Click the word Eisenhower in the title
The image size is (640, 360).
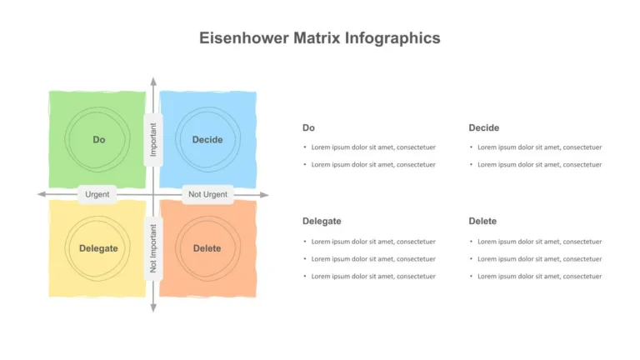point(244,38)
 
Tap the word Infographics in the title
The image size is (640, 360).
point(392,39)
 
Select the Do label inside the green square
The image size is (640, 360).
point(99,140)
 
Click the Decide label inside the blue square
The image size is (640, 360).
point(207,140)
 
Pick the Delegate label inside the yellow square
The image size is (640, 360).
point(98,248)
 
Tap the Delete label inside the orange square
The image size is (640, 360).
point(207,248)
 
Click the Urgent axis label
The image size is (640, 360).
point(97,195)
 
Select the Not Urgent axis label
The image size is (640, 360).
point(207,195)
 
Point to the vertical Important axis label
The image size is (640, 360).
point(153,140)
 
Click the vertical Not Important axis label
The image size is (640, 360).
point(153,248)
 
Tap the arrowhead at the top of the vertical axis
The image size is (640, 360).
point(153,81)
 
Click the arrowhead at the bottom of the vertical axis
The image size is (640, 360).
point(153,307)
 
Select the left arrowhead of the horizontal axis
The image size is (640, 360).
point(41,194)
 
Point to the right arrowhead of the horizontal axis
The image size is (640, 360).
point(264,195)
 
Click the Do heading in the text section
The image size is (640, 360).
point(308,127)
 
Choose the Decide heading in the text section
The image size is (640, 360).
point(483,127)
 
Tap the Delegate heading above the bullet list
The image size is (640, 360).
point(322,221)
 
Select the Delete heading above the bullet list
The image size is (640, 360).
point(482,221)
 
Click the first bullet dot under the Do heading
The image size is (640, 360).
point(305,147)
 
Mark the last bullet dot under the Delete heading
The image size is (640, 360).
point(471,277)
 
